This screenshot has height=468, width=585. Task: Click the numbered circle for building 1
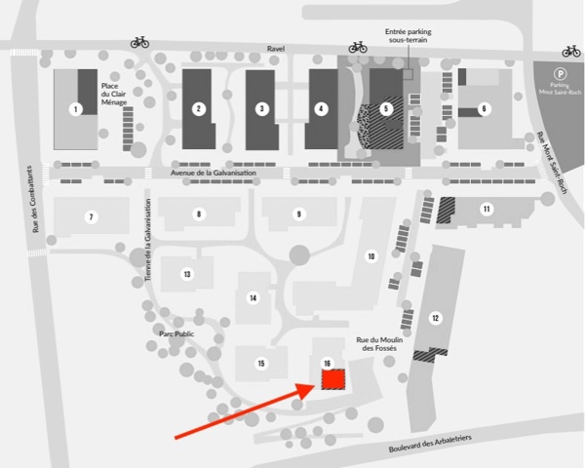pos(76,109)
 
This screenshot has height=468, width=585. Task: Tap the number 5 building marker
pos(386,109)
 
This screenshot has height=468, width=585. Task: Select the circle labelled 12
pos(435,318)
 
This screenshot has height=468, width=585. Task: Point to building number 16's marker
pos(328,363)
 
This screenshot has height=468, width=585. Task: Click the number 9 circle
pos(299,214)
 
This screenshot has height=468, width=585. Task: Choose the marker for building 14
pos(253,297)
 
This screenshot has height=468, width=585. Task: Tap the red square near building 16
pos(333,379)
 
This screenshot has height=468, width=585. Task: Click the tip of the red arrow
pos(316,384)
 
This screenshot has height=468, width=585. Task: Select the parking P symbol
pos(560,74)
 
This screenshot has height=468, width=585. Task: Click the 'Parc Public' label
pos(176,333)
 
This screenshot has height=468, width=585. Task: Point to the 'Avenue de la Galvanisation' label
pos(214,173)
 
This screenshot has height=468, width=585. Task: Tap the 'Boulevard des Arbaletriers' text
pos(430,443)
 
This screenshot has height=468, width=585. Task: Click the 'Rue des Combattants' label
pos(35,199)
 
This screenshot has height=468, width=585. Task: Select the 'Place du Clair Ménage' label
pos(114,94)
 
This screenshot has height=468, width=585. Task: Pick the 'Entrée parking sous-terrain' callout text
pos(409,36)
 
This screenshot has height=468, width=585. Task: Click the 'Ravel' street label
pos(276,49)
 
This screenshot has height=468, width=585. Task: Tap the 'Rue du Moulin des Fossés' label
pos(379,344)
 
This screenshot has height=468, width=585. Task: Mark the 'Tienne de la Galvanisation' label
pos(148,240)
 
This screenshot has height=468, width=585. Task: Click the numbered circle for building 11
pos(487,209)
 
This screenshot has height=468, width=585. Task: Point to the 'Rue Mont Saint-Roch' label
pos(552,162)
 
